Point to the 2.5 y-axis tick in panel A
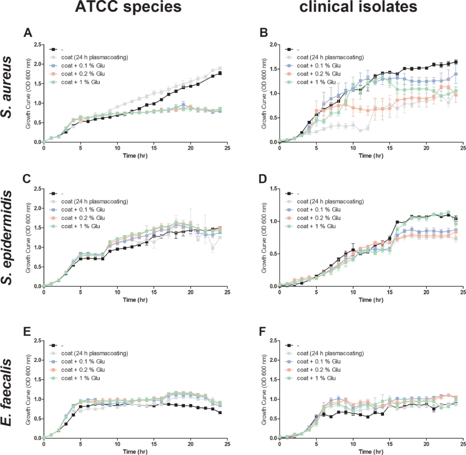coord(36,45)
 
